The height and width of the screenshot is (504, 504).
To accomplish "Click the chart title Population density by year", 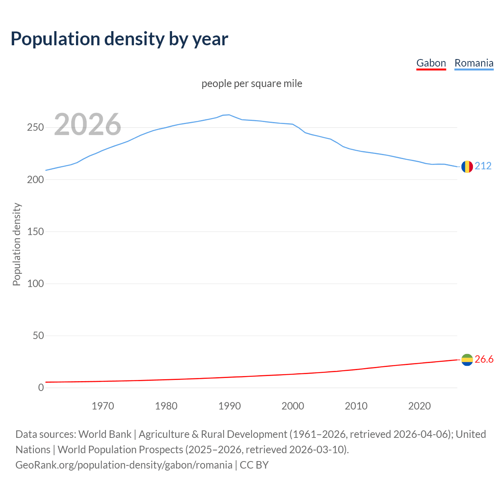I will pyautogui.click(x=119, y=39).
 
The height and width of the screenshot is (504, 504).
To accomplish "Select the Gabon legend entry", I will pyautogui.click(x=431, y=63).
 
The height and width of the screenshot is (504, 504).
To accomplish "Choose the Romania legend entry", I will pyautogui.click(x=474, y=63).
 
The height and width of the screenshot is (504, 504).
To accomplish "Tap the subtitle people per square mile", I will pyautogui.click(x=252, y=83).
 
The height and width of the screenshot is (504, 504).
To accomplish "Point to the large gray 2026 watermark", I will pyautogui.click(x=87, y=124).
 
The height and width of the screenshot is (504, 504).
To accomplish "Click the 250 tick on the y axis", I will pyautogui.click(x=35, y=128).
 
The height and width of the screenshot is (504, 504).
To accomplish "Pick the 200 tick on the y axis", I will pyautogui.click(x=35, y=180).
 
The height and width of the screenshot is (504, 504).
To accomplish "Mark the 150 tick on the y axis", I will pyautogui.click(x=35, y=232).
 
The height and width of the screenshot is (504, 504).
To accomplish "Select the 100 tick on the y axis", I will pyautogui.click(x=35, y=283).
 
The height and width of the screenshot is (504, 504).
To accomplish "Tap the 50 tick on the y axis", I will pyautogui.click(x=38, y=336).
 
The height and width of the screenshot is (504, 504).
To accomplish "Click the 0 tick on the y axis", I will pyautogui.click(x=41, y=388).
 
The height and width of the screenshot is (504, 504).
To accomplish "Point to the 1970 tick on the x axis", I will pyautogui.click(x=103, y=406).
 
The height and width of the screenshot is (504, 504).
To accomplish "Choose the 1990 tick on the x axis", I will pyautogui.click(x=230, y=406).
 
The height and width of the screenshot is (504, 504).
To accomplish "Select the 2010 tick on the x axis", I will pyautogui.click(x=356, y=406).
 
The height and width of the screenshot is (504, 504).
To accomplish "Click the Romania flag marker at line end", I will pyautogui.click(x=467, y=167).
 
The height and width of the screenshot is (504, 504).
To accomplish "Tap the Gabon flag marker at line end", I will pyautogui.click(x=467, y=359).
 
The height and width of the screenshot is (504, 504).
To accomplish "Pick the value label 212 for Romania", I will pyautogui.click(x=483, y=166).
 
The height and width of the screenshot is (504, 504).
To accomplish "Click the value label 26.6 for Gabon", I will pyautogui.click(x=484, y=359).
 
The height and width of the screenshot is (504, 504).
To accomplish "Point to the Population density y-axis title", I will pyautogui.click(x=17, y=244).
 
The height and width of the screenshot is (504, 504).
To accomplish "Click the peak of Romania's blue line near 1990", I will pyautogui.click(x=229, y=115).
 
